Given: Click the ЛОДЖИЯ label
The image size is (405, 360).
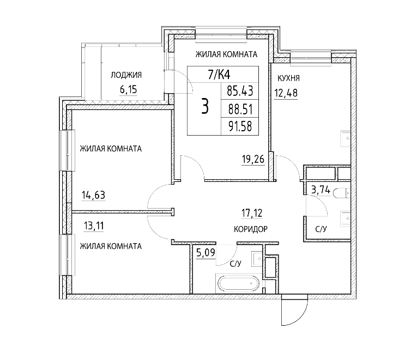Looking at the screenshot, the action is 126,75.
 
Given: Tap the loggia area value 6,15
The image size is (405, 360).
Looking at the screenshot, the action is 129,89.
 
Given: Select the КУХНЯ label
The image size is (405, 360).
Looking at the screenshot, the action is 288,78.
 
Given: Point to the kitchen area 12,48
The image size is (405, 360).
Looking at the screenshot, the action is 286,93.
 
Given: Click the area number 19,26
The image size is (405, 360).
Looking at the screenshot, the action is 253,159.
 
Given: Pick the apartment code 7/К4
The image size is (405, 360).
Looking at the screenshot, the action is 219,75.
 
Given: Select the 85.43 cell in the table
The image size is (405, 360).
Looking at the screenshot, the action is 240,91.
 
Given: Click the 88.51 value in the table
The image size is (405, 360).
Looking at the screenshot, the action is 240,109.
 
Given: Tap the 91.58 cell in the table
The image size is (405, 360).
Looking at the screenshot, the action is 240,127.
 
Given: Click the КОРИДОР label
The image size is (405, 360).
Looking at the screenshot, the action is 251,229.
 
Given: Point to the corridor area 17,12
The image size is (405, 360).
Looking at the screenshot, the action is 252,213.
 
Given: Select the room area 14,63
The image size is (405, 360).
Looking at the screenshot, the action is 94,195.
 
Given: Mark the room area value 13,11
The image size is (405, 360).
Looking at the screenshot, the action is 94,226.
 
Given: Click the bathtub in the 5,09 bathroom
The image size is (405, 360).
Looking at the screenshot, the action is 239,283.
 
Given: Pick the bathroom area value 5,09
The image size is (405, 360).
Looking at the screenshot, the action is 205,252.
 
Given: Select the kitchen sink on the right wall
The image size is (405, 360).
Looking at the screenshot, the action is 346,138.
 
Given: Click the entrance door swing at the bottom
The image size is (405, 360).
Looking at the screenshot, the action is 295,312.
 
